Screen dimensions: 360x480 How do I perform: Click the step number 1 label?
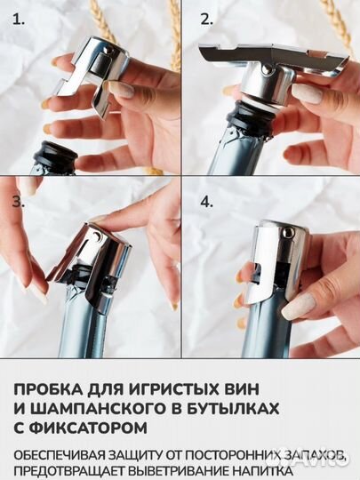pos(19,20)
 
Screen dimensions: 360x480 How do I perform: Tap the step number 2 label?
pos(206,20)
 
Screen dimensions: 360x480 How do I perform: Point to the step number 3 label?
pos(19,202)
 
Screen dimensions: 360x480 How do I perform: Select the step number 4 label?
pos(206,202)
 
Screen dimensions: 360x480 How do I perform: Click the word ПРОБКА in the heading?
pos(48,389)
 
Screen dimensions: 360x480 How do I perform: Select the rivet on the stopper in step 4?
pos(287,232)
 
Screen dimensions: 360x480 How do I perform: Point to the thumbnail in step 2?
pos(307,93)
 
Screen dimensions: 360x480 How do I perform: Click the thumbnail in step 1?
pos(122,90)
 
